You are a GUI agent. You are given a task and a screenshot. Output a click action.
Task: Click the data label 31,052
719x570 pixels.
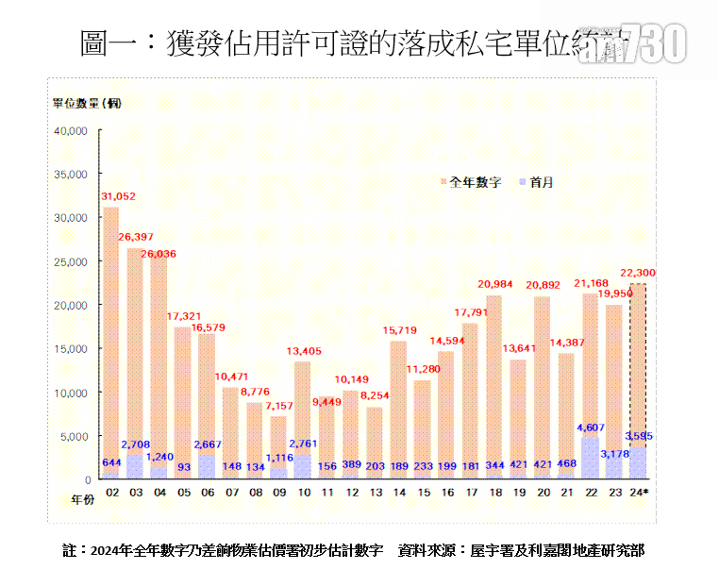pos(118,196)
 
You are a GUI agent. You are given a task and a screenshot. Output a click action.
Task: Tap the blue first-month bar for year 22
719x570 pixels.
pos(590,458)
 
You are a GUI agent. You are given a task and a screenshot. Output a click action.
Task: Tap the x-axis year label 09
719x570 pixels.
pos(278,492)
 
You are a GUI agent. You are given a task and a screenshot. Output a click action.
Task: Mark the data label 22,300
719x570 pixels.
pos(638,274)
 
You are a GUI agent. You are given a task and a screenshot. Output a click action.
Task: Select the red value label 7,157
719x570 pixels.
pos(279,406)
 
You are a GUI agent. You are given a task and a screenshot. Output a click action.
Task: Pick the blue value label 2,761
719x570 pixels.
pos(304,443)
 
